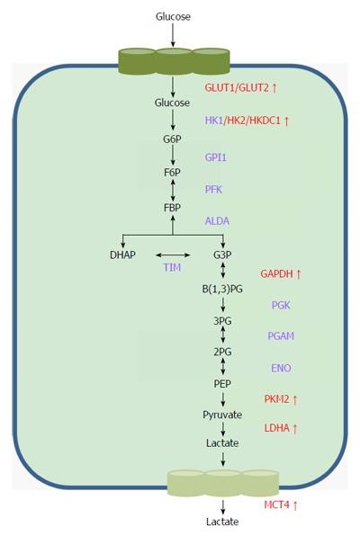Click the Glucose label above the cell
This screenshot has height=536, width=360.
[x=173, y=16]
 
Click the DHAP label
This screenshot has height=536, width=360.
[x=122, y=255]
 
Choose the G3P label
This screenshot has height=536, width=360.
[x=223, y=255]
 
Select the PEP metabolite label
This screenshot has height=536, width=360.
[x=222, y=383]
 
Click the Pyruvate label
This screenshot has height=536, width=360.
[x=222, y=414]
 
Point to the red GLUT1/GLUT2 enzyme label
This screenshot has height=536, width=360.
[x=246, y=87]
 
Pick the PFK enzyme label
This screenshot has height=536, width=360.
[x=213, y=189]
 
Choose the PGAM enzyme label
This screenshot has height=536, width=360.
[x=283, y=336]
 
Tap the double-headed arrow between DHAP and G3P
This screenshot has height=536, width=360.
[x=173, y=255]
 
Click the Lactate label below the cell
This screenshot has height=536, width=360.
[x=222, y=521]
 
